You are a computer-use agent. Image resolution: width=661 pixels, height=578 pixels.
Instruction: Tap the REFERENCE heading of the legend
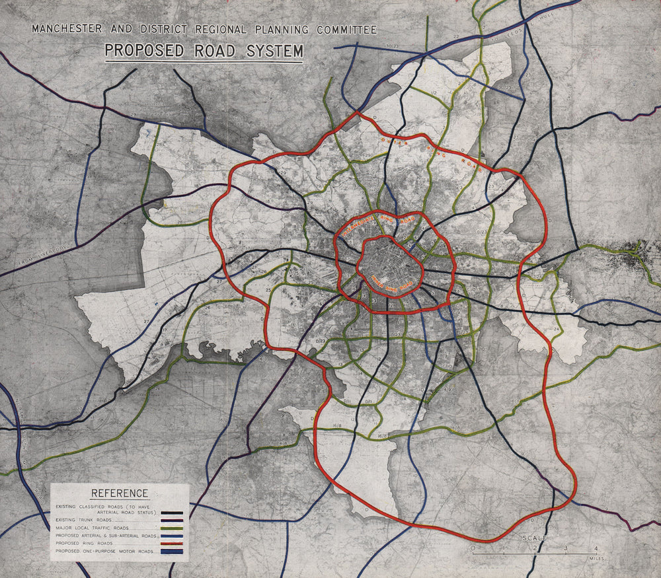[120, 493]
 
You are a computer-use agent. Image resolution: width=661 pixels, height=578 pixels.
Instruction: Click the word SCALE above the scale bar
[535, 538]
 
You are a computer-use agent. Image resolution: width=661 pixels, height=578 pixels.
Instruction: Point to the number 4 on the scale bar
[596, 548]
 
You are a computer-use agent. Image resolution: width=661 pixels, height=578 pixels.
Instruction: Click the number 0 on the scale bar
[473, 548]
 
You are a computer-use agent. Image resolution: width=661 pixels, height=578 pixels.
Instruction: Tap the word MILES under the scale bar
[596, 559]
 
